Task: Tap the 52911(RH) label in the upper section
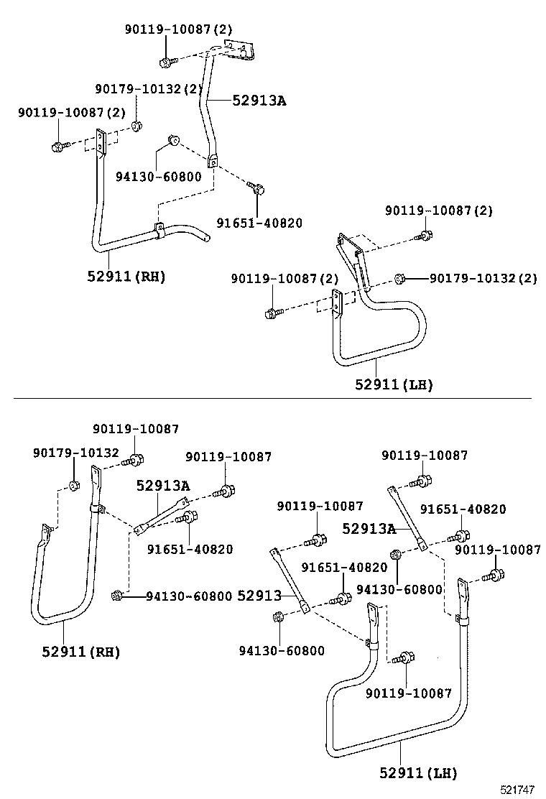pyautogui.click(x=126, y=276)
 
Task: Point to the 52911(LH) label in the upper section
pyautogui.click(x=394, y=384)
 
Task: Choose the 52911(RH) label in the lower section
pyautogui.click(x=80, y=652)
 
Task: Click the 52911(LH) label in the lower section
pyautogui.click(x=418, y=773)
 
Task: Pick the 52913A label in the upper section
pyautogui.click(x=259, y=101)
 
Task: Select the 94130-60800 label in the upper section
pyautogui.click(x=159, y=177)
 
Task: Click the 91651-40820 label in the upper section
pyautogui.click(x=259, y=223)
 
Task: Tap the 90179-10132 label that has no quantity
pyautogui.click(x=76, y=453)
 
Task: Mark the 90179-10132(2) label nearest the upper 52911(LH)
pyautogui.click(x=483, y=278)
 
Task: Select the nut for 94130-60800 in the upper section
pyautogui.click(x=172, y=139)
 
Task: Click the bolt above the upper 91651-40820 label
pyautogui.click(x=256, y=189)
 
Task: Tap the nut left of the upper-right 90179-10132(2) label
pyautogui.click(x=401, y=278)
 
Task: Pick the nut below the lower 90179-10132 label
pyautogui.click(x=74, y=486)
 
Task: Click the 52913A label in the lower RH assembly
pyautogui.click(x=163, y=486)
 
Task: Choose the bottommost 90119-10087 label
pyautogui.click(x=408, y=693)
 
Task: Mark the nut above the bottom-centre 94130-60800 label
pyautogui.click(x=279, y=616)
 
